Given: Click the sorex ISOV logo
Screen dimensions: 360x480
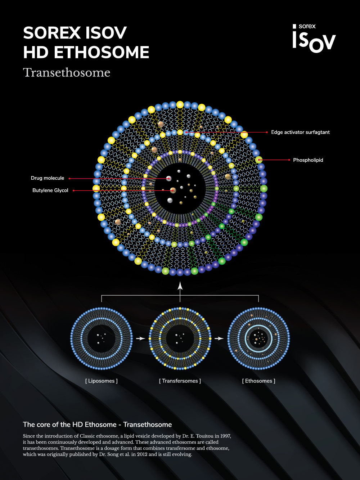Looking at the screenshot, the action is click(314, 37).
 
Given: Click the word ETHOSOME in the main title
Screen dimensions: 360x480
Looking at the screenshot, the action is click(102, 53).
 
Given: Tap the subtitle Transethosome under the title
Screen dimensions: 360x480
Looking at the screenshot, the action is click(67, 72).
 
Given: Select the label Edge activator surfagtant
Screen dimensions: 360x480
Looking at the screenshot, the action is click(300, 132).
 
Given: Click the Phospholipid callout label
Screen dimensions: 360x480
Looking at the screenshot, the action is click(308, 160).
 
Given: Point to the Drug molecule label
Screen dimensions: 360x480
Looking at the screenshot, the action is click(48, 178).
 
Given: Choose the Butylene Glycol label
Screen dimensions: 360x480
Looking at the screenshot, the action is click(50, 190).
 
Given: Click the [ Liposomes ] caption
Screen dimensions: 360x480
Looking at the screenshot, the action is click(101, 381).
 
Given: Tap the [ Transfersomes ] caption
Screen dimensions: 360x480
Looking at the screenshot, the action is click(180, 381).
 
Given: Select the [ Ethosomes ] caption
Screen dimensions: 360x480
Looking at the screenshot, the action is click(258, 381).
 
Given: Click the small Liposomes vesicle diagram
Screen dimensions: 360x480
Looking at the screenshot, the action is click(101, 338).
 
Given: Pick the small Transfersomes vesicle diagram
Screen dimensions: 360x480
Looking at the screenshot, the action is click(180, 338).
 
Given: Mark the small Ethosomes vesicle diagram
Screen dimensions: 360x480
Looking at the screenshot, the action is click(258, 338).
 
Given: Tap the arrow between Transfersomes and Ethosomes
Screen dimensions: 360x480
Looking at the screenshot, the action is click(219, 338).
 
